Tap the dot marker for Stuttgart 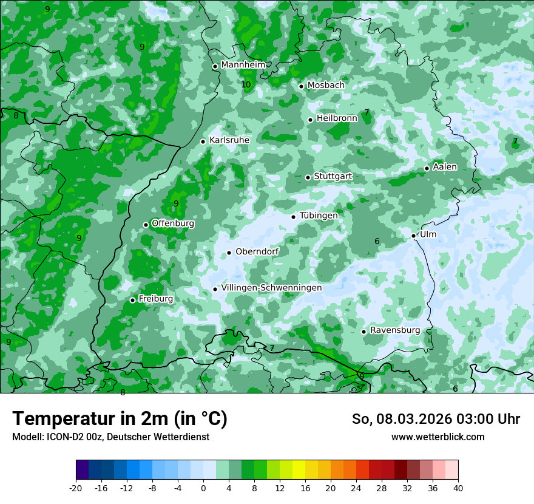[308, 177]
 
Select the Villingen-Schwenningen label [271, 288]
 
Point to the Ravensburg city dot [364, 332]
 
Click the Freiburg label [155, 299]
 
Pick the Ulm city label [428, 234]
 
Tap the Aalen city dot [427, 168]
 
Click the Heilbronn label [337, 118]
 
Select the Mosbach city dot [302, 86]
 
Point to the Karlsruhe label [229, 140]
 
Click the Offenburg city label [173, 223]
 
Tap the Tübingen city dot [294, 217]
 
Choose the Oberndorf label [257, 252]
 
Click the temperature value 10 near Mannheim [246, 84]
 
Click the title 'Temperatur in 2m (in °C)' [120, 418]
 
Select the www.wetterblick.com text [438, 437]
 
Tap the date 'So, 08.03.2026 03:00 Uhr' [436, 419]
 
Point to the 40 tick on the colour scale [458, 488]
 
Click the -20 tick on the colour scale [76, 488]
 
